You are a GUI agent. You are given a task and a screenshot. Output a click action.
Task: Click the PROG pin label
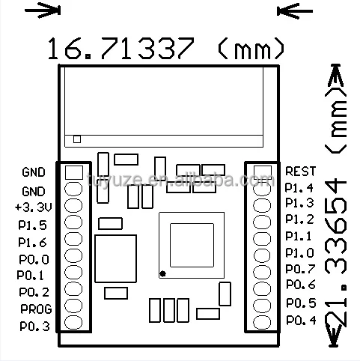[34, 309]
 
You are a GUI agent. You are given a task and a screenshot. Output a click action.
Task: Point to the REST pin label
[301, 171]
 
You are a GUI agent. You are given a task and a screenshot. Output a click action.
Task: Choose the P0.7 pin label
[300, 269]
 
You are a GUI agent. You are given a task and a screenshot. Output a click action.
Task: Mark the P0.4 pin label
[300, 321]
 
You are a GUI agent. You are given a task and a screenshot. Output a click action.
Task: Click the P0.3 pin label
[34, 326]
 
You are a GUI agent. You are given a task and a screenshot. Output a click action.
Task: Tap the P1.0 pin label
[300, 252]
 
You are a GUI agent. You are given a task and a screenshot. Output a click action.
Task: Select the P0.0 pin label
[34, 259]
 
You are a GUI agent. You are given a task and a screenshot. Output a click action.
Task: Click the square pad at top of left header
[73, 172]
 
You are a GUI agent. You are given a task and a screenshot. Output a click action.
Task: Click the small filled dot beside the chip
[161, 273]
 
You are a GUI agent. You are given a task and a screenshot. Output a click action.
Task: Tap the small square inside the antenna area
[77, 139]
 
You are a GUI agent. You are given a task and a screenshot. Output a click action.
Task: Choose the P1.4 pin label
[300, 187]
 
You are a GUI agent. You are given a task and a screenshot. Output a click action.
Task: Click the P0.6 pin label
[300, 285]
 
